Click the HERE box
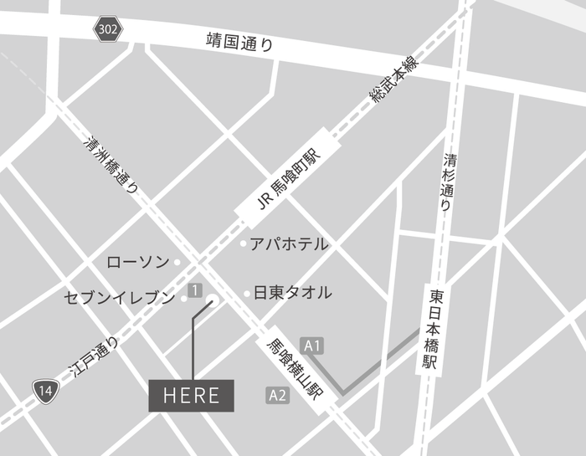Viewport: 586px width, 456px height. click(x=192, y=396)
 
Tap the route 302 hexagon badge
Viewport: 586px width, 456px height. click(x=107, y=30)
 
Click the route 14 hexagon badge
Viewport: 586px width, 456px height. click(x=46, y=388)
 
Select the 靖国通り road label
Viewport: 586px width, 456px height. click(x=239, y=42)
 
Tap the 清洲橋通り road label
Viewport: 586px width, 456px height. click(x=111, y=166)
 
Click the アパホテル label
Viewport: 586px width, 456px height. click(x=289, y=243)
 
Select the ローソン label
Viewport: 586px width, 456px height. click(x=138, y=262)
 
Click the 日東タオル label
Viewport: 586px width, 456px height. click(x=292, y=293)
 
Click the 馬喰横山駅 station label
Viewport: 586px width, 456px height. click(x=293, y=367)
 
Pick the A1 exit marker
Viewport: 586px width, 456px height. click(x=313, y=345)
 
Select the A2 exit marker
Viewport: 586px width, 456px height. click(x=278, y=394)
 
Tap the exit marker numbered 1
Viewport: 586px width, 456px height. click(x=195, y=290)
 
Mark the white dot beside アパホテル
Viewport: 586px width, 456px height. click(x=244, y=244)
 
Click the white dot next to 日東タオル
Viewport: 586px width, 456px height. click(x=246, y=294)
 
